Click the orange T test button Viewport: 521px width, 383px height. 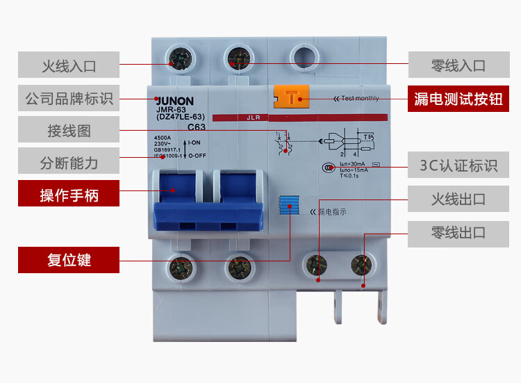(x=291, y=97)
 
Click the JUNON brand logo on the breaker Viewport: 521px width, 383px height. (x=174, y=101)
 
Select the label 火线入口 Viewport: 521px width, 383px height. (x=69, y=66)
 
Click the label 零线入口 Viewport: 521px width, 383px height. (x=458, y=66)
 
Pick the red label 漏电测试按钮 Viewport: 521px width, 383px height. (x=458, y=99)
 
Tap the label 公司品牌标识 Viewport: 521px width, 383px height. (x=69, y=99)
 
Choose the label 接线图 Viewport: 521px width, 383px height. (x=69, y=131)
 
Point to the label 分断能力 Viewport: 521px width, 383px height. (x=69, y=163)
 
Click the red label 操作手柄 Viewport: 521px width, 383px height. (x=69, y=195)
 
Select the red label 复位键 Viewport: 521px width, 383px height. (x=69, y=261)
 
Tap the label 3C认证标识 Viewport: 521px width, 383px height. (x=458, y=165)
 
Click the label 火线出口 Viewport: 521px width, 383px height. (x=458, y=199)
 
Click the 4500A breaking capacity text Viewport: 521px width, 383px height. (x=163, y=138)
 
